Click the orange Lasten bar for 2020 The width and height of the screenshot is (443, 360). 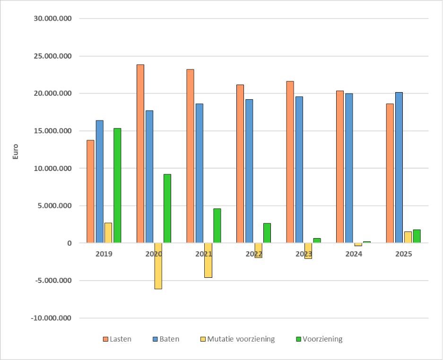[140, 154]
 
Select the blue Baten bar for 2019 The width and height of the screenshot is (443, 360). [99, 181]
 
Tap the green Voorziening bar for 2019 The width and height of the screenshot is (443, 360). [117, 185]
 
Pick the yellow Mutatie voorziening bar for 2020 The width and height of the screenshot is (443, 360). [158, 266]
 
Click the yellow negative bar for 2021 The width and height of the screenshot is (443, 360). [208, 260]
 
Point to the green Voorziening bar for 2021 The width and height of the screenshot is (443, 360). [217, 225]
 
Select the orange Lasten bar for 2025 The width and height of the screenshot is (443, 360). [390, 173]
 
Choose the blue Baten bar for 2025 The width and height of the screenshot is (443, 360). [399, 167]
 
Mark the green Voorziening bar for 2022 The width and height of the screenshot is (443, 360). [267, 232]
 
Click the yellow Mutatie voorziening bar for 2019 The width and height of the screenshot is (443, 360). [108, 232]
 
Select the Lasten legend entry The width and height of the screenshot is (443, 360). [117, 339]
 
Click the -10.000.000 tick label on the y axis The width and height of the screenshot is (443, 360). [51, 318]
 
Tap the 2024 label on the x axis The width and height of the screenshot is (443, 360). [354, 254]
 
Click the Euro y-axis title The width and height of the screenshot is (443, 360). [15, 151]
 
